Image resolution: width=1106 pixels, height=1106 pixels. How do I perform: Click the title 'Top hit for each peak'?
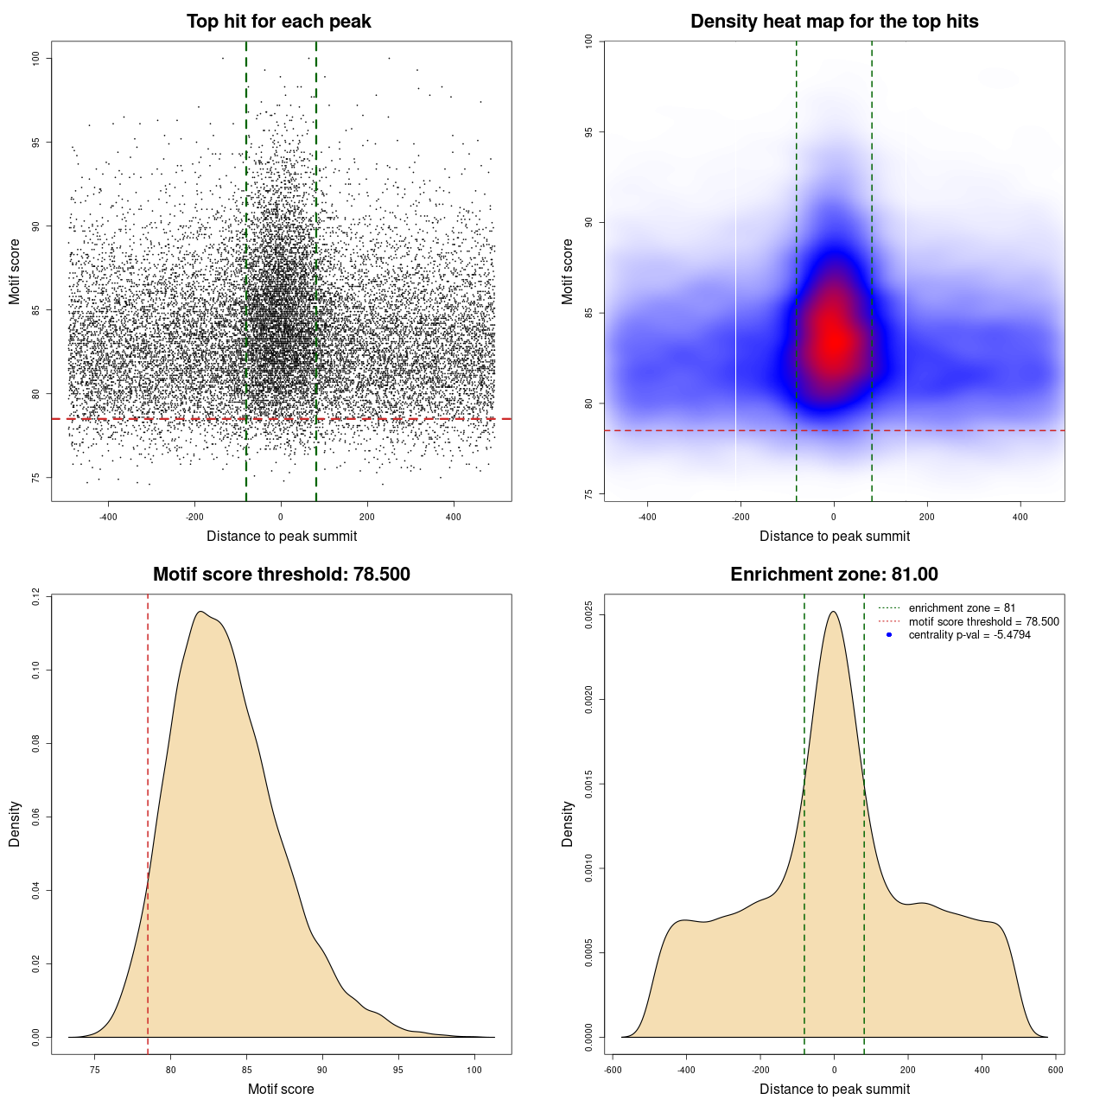pos(278,22)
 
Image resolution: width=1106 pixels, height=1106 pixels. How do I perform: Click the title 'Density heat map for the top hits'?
pos(834,22)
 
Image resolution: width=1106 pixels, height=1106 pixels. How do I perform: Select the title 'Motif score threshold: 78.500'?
pos(281,575)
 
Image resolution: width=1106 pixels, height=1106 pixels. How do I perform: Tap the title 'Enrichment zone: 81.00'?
pos(834,575)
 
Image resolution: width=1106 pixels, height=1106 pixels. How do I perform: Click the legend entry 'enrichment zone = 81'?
pos(962,608)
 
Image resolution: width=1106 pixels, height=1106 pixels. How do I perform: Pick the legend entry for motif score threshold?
pos(983,621)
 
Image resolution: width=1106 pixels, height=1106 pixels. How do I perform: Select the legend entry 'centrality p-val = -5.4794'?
pos(969,635)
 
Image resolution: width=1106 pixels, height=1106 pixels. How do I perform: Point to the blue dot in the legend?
pos(889,635)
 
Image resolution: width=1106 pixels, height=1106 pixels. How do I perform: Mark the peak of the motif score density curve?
pos(200,612)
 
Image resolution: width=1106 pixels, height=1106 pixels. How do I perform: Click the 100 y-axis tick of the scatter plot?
pos(36,58)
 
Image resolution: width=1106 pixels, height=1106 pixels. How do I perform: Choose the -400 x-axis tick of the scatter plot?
pos(108,517)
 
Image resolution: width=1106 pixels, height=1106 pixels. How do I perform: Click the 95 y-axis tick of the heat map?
pos(588,132)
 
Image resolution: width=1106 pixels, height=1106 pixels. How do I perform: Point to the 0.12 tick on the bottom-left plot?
pos(35,596)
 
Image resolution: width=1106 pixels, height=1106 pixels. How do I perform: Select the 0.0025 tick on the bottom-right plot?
pos(588,615)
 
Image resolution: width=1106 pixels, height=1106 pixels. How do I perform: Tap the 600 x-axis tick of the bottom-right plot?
pos(1056,1070)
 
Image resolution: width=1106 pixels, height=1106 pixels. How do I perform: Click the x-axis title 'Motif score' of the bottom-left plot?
pos(281,1089)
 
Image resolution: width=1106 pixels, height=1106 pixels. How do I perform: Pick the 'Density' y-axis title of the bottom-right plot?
pos(568,823)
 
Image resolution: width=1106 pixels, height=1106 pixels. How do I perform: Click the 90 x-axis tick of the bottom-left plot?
pos(322,1070)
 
